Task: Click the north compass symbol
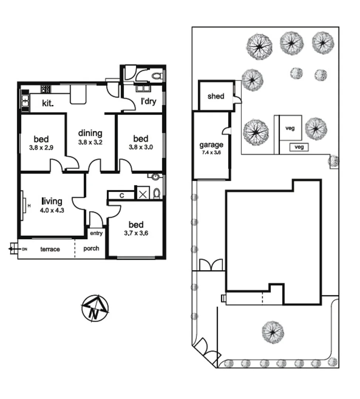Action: [95, 308]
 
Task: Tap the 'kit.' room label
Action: [48, 104]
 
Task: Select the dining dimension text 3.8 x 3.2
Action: [90, 142]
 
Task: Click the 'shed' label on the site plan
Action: [216, 96]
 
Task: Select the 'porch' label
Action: [91, 248]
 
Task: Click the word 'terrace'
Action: [50, 249]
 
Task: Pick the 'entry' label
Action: [96, 233]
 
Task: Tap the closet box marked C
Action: [121, 195]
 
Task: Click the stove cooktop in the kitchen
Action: [45, 89]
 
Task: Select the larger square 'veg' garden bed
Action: [290, 128]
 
